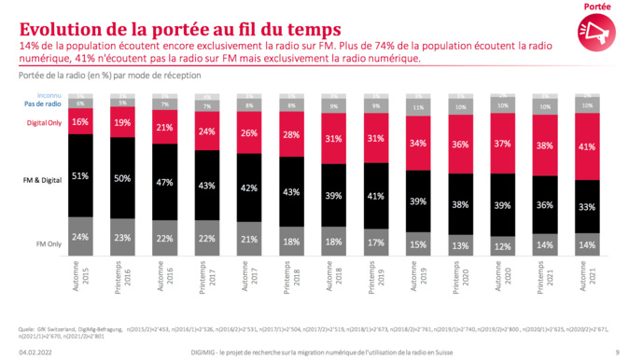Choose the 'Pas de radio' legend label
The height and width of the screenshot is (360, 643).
click(x=46, y=104)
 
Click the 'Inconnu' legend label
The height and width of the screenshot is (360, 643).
click(x=50, y=96)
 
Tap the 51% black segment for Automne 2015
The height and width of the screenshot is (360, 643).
click(x=80, y=174)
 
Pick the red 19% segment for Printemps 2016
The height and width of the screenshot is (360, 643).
click(x=121, y=123)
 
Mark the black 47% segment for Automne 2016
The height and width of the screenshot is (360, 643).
click(x=165, y=183)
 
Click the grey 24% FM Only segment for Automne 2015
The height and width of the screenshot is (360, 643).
click(x=80, y=237)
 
